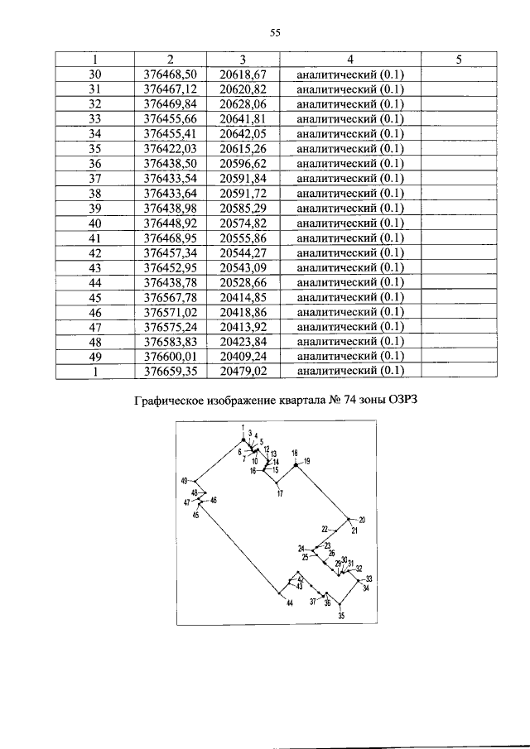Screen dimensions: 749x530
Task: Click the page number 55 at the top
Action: point(277,33)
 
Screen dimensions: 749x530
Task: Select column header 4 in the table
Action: point(351,59)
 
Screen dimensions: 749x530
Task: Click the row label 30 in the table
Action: point(94,74)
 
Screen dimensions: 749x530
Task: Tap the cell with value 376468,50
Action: point(169,74)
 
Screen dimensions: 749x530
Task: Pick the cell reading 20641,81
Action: point(243,118)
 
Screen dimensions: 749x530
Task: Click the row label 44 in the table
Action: point(94,282)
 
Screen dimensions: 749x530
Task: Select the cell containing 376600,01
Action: point(169,357)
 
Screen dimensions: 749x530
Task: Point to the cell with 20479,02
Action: point(243,372)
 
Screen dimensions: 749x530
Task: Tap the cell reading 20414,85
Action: point(243,297)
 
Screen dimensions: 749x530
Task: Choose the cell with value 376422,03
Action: point(169,148)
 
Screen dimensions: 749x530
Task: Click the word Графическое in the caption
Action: point(170,403)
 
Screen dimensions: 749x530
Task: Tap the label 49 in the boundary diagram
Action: point(185,481)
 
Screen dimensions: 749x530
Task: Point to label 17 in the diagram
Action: point(280,494)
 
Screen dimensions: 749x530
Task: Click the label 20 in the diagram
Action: point(362,520)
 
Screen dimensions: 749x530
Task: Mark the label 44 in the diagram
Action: point(290,603)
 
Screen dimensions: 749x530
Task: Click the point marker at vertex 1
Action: point(243,439)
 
